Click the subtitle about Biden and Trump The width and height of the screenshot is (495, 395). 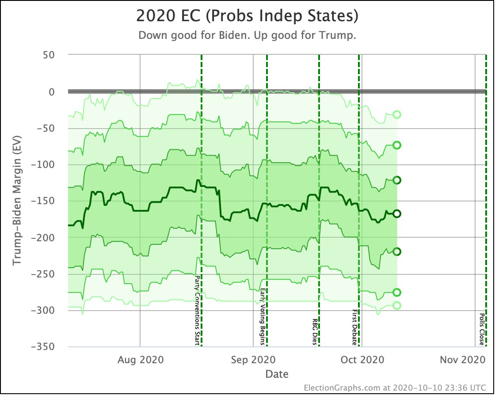pos(247,36)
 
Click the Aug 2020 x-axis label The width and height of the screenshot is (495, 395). pos(140,360)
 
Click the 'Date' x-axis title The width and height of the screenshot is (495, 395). pos(277,374)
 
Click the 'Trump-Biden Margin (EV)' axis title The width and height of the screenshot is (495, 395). pos(17,201)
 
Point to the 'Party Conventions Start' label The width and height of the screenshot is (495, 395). pos(197,311)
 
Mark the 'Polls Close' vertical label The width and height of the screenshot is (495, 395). pos(481,330)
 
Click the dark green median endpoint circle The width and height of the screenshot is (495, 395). pos(397,213)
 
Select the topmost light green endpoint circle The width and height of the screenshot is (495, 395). pos(397,114)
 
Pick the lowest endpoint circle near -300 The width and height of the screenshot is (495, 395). pos(397,305)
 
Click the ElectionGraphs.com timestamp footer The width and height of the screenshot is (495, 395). pos(398,387)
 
